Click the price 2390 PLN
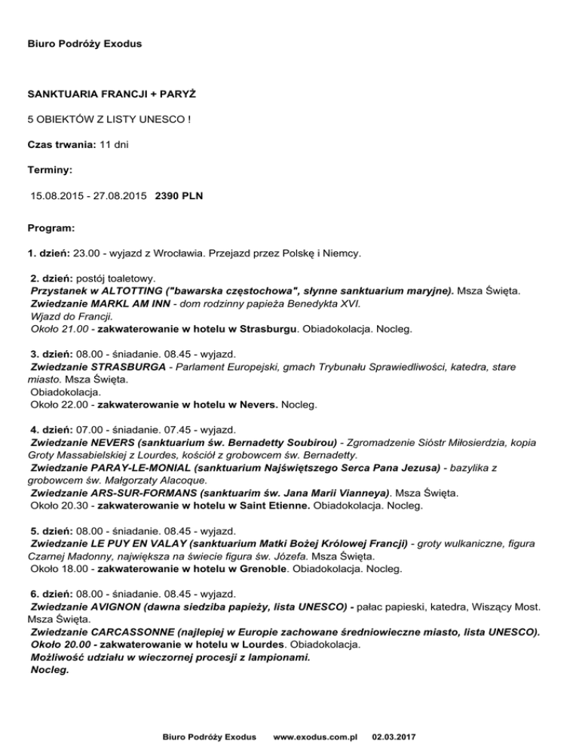pos(179,196)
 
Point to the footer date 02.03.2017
pos(397,735)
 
